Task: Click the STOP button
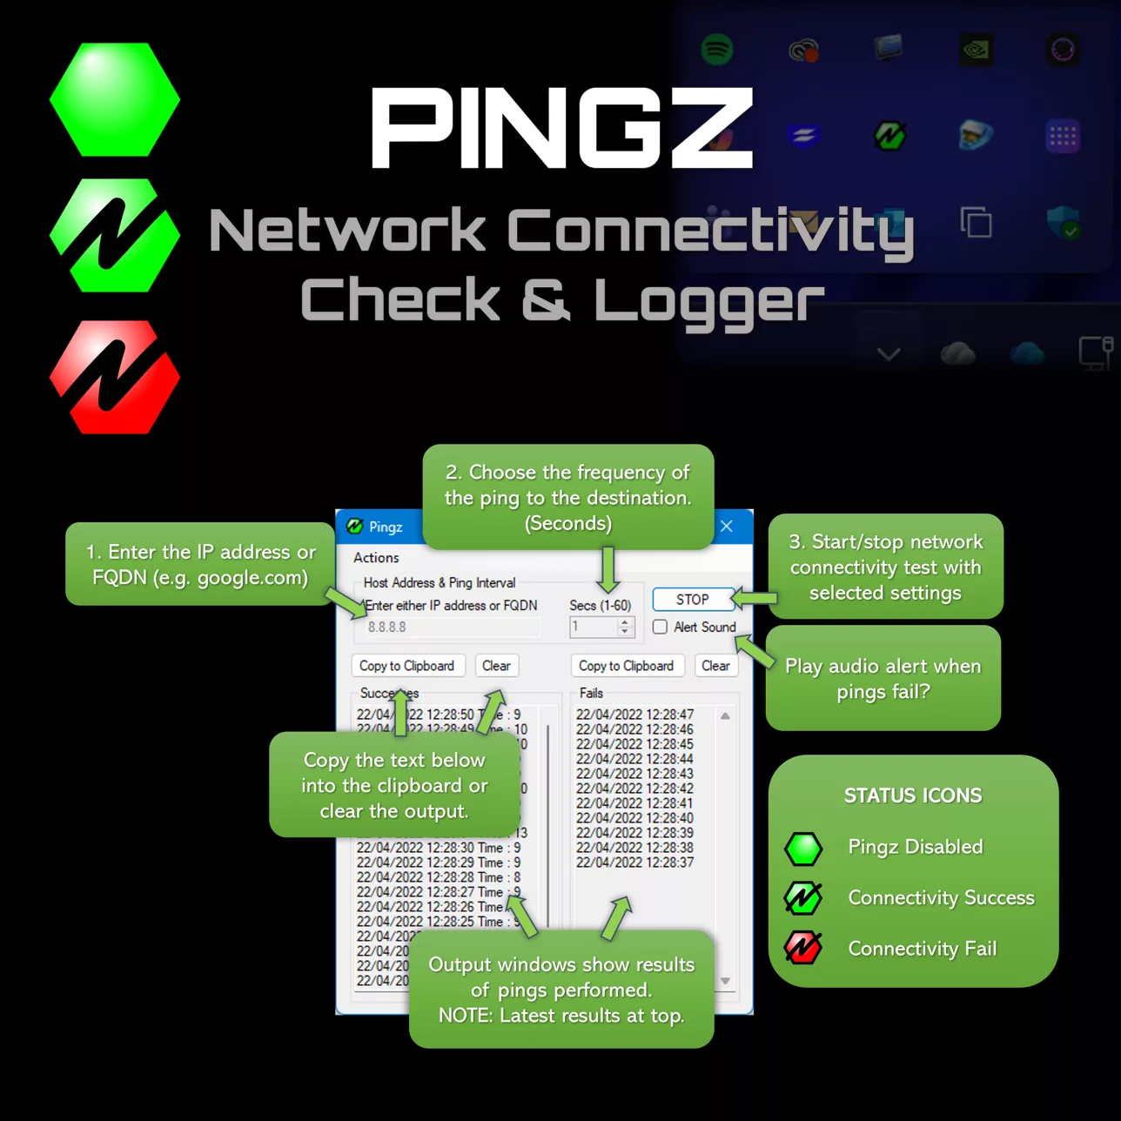[x=693, y=600]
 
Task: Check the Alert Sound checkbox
[x=661, y=627]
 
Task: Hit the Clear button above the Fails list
[x=715, y=666]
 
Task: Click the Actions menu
[x=376, y=558]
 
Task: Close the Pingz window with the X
[x=727, y=526]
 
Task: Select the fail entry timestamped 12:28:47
[x=634, y=715]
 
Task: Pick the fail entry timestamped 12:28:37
[x=634, y=863]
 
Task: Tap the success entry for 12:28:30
[x=438, y=848]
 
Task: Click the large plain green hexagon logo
[x=115, y=100]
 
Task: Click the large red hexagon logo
[x=115, y=377]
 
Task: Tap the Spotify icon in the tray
[x=717, y=50]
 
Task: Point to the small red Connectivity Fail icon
[x=802, y=948]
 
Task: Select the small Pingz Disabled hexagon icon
[x=802, y=849]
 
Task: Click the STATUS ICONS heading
[x=913, y=795]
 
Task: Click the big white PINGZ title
[x=561, y=129]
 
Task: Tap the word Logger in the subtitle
[x=708, y=300]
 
